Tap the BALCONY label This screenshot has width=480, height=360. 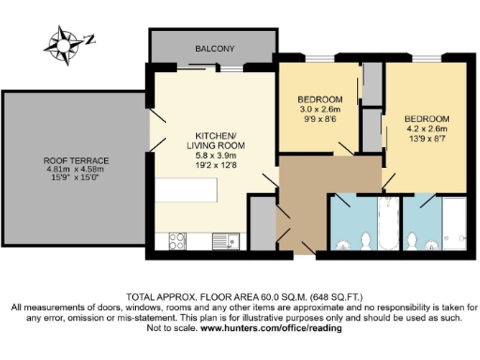pyautogui.click(x=215, y=49)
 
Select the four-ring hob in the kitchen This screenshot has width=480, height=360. pyautogui.click(x=177, y=241)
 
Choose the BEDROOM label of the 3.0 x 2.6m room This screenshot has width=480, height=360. pyautogui.click(x=320, y=99)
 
